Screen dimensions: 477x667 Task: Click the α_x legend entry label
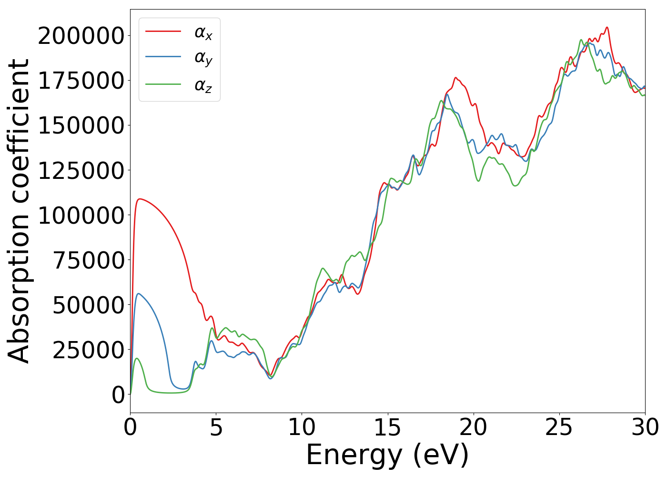[x=203, y=32]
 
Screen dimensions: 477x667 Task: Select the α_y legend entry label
[x=203, y=58]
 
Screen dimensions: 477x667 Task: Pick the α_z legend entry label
[x=203, y=85]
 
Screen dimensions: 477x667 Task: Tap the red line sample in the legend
[x=163, y=31]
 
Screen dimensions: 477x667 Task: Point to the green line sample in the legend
[x=163, y=84]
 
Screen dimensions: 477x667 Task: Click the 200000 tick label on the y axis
[x=81, y=36]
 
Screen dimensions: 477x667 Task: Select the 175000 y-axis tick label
[x=81, y=81]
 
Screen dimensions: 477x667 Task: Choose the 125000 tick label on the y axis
[x=81, y=170]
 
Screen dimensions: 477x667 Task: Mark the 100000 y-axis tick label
[x=81, y=215]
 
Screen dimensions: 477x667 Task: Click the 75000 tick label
[x=89, y=260]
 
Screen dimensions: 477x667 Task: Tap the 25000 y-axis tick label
[x=89, y=350]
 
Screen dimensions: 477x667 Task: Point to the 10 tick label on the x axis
[x=302, y=427]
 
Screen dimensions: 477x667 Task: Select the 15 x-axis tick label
[x=387, y=427]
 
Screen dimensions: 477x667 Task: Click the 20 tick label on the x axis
[x=473, y=427]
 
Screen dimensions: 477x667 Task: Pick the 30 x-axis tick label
[x=645, y=427]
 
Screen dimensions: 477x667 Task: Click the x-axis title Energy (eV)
[x=387, y=455]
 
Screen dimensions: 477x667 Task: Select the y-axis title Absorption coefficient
[x=19, y=211]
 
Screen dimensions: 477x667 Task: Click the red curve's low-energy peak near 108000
[x=139, y=199]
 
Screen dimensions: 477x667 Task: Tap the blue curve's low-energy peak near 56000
[x=138, y=293]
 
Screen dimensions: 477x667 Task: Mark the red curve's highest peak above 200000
[x=606, y=27]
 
